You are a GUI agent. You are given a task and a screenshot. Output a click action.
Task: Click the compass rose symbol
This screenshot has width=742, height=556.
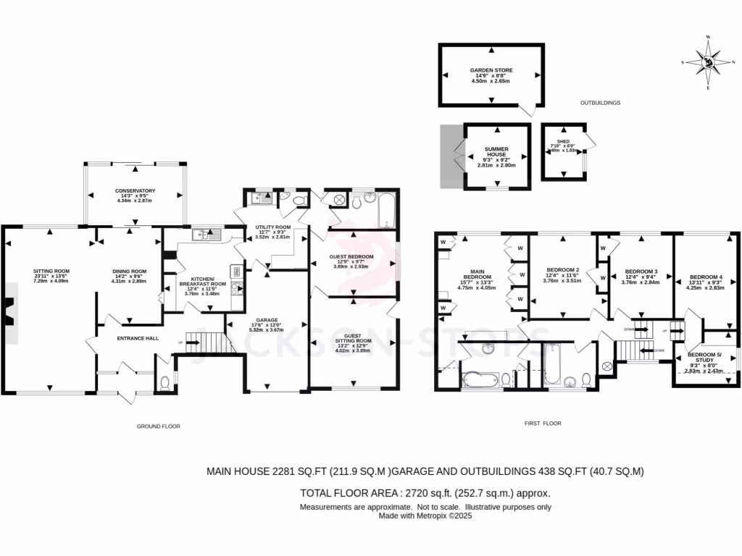709,63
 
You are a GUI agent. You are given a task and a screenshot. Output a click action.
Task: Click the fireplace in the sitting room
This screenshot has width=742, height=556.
7,312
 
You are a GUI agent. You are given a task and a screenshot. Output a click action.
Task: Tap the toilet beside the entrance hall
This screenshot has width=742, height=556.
164,382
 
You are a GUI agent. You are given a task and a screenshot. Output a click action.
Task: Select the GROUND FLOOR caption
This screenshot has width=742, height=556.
158,426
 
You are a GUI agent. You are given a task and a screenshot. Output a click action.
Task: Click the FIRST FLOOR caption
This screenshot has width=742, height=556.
543,423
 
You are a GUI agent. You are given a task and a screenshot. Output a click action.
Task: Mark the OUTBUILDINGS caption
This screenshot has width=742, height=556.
601,104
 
